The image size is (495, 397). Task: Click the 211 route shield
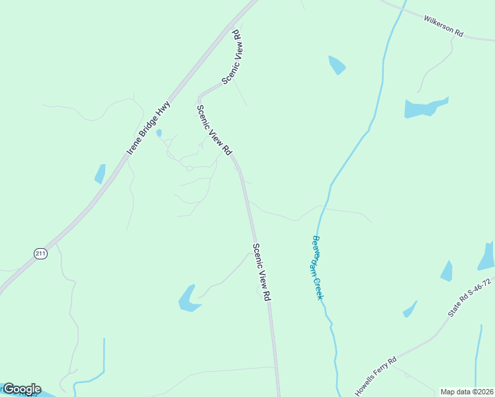(x=41, y=253)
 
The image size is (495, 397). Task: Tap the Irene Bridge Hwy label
(x=149, y=128)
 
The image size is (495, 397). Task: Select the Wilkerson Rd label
(x=444, y=25)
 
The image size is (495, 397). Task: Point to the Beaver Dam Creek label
(x=317, y=267)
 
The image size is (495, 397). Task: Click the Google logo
(x=22, y=389)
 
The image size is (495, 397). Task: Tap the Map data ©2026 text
(x=467, y=392)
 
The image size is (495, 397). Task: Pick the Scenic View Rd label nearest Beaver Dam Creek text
(x=263, y=273)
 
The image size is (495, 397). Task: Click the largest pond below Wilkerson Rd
(x=424, y=108)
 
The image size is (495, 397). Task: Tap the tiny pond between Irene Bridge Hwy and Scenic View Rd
(x=159, y=133)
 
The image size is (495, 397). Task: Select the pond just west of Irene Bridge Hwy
(x=100, y=173)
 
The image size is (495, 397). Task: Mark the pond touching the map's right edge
(x=487, y=257)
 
